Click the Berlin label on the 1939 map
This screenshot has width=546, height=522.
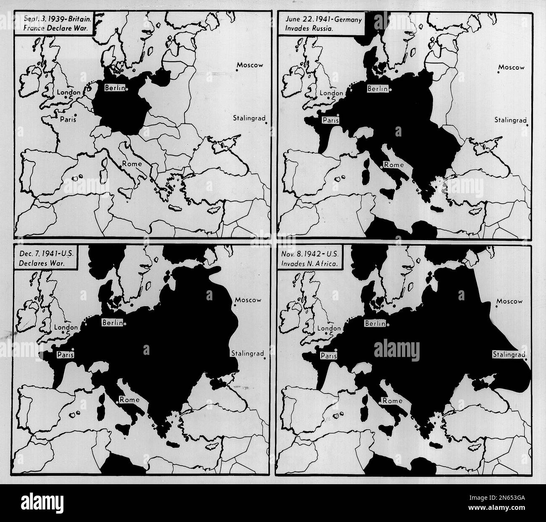(114, 89)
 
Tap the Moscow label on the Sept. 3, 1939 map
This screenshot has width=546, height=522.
(249, 65)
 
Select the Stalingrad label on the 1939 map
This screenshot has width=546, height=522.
(249, 118)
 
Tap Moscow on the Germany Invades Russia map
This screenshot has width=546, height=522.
(511, 67)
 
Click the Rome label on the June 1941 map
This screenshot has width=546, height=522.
(394, 165)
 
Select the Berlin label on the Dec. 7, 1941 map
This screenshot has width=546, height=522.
(112, 323)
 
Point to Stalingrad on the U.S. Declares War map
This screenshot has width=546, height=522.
(247, 354)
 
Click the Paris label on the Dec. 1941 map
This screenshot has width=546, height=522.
(66, 354)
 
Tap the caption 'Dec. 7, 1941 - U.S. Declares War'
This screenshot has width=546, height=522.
(45, 258)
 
